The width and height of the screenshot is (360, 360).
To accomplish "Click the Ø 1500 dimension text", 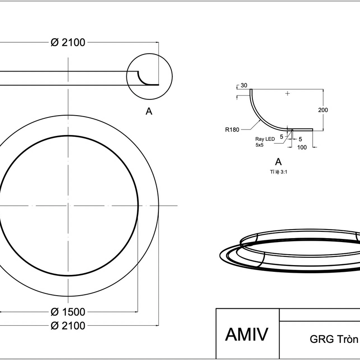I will (x=68, y=312).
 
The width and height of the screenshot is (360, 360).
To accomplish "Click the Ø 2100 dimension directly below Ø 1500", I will (x=68, y=326).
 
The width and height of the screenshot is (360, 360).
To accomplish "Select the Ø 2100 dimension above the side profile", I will (x=68, y=42).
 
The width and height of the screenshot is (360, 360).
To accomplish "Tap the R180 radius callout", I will (x=232, y=129).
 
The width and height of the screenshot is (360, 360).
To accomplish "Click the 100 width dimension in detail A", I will (x=302, y=147).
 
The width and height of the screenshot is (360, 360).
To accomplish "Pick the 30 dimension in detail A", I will (x=244, y=85).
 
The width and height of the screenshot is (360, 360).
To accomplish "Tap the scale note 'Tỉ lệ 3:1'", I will (x=278, y=172).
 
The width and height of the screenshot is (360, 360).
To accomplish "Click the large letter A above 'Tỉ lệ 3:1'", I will (x=278, y=162).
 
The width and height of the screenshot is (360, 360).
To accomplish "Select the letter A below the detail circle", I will (x=149, y=111).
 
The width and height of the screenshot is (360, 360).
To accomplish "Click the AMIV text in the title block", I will (x=247, y=335).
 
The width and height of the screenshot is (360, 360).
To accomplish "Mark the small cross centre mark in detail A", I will (x=288, y=94).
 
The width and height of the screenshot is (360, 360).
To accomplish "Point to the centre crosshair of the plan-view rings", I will (x=68, y=206).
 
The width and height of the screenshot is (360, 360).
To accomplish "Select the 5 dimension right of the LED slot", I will (x=300, y=139).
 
